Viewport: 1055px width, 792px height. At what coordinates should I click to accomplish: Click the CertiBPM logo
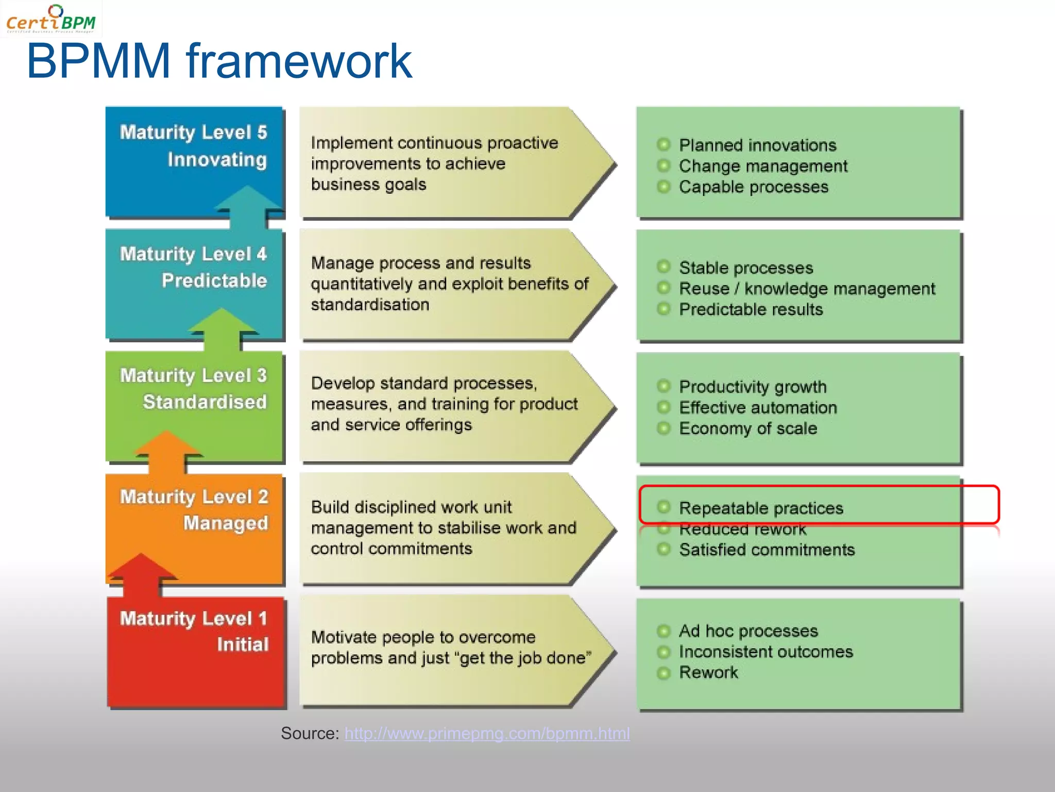(x=50, y=19)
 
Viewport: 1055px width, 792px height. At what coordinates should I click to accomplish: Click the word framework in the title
(x=299, y=62)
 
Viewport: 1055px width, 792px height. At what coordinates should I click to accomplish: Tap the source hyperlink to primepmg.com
(x=487, y=733)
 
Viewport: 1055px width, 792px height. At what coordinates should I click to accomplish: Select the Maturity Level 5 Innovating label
(x=194, y=146)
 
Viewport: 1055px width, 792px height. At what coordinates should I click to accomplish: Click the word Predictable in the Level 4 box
(x=214, y=280)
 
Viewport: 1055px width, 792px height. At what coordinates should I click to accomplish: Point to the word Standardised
(x=205, y=402)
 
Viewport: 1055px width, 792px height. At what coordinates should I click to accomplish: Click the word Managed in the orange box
(x=226, y=523)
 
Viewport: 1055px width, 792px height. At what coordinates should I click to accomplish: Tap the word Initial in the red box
(x=243, y=645)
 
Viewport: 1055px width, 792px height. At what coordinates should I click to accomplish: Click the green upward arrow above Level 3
(x=222, y=328)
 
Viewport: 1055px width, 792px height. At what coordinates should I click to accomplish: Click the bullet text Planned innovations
(x=757, y=145)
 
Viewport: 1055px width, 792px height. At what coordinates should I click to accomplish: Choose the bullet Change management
(x=762, y=166)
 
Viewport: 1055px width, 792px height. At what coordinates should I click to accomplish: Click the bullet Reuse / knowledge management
(x=807, y=289)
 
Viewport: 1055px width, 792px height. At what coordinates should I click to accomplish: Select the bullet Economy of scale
(x=748, y=428)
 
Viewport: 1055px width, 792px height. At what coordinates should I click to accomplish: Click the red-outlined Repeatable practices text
(x=761, y=508)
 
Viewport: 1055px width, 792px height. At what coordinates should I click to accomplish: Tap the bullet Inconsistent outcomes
(x=765, y=652)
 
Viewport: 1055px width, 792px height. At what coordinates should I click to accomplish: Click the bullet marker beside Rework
(x=664, y=673)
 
